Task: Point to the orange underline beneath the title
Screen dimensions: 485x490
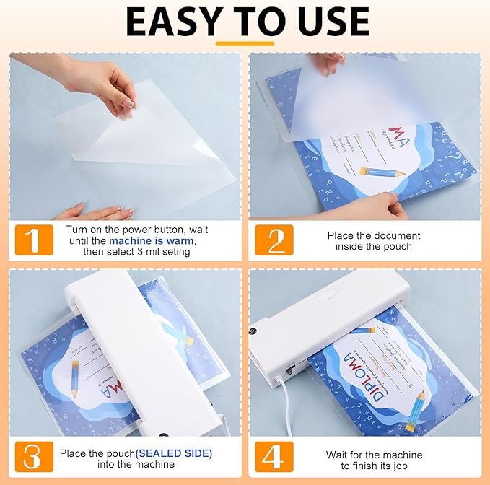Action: click(245, 43)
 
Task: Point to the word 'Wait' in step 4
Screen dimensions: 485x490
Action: click(338, 455)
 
